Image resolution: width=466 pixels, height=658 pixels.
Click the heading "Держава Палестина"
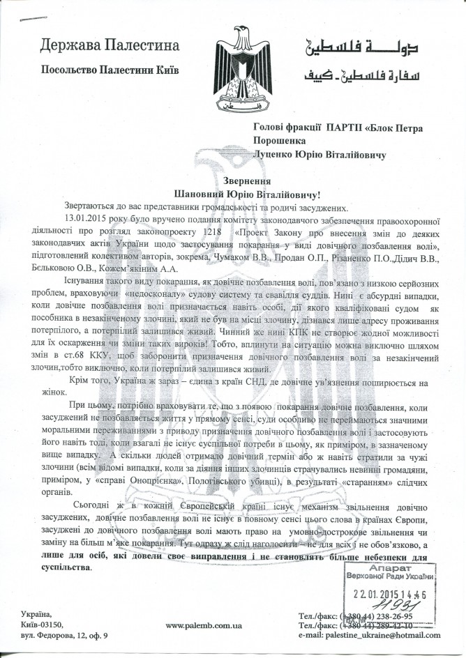110,46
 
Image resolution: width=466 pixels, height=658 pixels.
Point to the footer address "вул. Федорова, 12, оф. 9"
65,635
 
